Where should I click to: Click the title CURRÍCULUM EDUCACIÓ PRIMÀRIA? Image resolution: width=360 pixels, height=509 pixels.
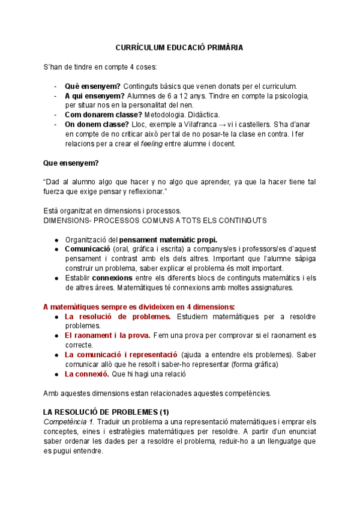pos(179,47)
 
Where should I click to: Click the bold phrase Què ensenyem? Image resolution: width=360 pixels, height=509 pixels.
pos(93,86)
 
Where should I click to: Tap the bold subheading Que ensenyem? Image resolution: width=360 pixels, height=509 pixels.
pos(71,163)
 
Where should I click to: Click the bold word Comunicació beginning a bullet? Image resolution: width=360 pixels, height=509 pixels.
pos(88,249)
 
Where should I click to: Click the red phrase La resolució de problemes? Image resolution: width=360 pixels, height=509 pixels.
pos(118,316)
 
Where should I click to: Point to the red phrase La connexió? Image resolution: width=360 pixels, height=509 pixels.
pos(86,374)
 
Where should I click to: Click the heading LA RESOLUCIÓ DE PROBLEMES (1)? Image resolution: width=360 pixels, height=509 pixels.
pos(106,412)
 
